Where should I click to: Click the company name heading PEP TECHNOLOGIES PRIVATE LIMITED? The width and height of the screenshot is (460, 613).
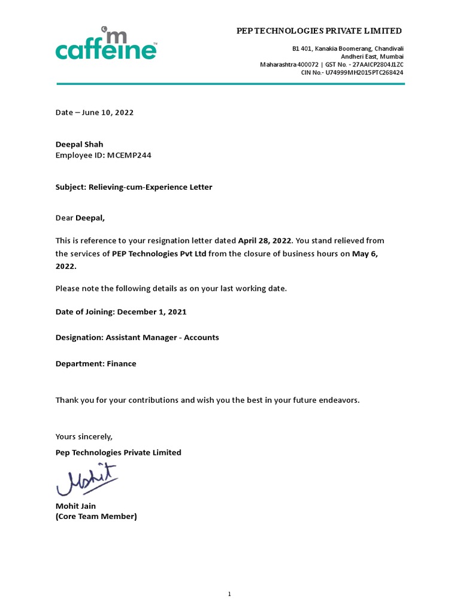point(319,31)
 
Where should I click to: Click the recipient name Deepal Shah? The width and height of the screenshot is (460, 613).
point(79,144)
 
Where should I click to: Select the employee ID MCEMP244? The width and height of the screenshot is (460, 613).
point(133,155)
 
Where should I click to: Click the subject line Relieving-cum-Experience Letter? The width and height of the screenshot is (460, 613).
point(150,187)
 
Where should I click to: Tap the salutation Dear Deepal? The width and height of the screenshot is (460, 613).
point(84,219)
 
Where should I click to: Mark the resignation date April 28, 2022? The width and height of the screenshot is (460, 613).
point(264,241)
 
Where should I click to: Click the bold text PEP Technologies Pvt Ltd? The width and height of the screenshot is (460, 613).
point(159,254)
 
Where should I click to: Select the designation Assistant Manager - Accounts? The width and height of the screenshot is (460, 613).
point(162,338)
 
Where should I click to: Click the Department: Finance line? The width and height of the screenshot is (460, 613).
point(96,364)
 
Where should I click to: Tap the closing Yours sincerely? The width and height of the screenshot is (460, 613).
point(84,436)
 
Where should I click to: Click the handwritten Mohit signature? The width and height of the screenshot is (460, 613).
point(87,480)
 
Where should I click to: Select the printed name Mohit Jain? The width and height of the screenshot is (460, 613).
point(75,506)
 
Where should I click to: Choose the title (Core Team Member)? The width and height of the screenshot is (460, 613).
point(96,516)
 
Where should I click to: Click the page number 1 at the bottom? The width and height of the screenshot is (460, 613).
point(229,577)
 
